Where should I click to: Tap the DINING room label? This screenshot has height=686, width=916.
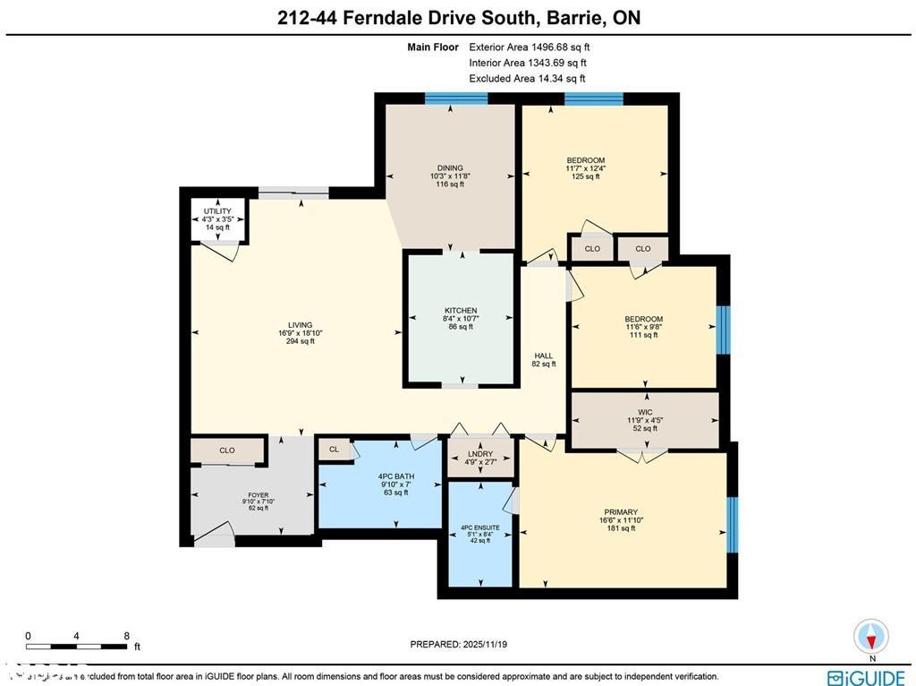(x=449, y=167)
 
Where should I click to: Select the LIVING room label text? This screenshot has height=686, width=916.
(x=300, y=325)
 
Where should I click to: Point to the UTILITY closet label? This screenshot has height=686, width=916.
(x=217, y=211)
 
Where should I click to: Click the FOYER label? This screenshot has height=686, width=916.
(x=258, y=494)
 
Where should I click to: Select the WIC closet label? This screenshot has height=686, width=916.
(x=644, y=413)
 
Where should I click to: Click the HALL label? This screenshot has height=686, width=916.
(x=544, y=356)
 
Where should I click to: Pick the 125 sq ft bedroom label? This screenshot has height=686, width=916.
(x=585, y=161)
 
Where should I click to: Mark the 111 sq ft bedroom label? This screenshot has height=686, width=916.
(x=643, y=320)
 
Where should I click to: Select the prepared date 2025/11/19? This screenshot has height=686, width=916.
(x=464, y=644)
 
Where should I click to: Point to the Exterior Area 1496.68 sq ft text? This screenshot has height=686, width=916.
(x=530, y=47)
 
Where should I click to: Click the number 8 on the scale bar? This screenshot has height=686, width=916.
(x=127, y=636)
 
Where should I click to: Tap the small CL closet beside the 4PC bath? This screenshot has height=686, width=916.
(x=335, y=450)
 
